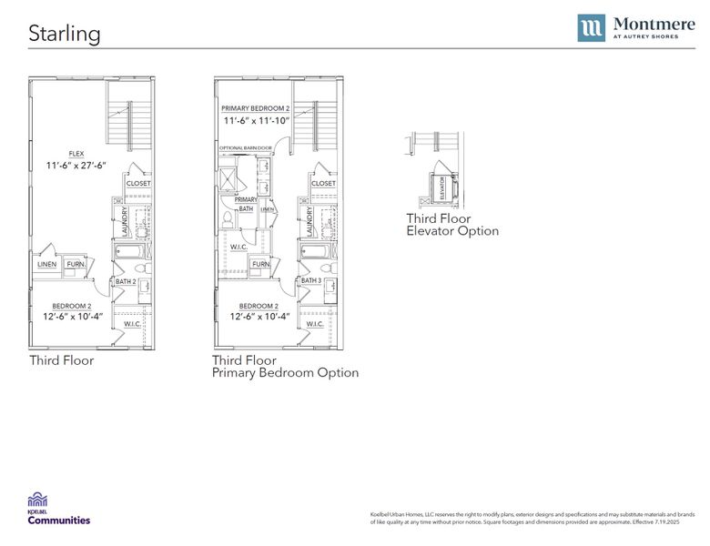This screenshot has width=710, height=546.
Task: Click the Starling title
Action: [x=64, y=34]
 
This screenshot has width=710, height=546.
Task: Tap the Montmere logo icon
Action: [x=591, y=28]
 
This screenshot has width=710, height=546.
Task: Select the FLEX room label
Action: [x=76, y=154]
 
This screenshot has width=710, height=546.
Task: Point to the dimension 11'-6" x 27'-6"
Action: [x=76, y=166]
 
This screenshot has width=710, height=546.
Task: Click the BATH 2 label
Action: [x=126, y=281]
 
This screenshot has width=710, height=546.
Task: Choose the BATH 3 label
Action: [x=311, y=280]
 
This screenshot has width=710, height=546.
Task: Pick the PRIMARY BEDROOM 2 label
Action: [x=255, y=108]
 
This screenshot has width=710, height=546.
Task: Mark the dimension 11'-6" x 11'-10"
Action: [x=255, y=120]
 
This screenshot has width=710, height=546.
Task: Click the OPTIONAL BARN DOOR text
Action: [x=246, y=147]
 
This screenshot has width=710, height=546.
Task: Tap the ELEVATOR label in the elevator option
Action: [x=443, y=187]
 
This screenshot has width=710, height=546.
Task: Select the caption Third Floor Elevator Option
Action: [x=452, y=225]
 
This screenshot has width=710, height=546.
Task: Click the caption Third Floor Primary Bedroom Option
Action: [x=285, y=367]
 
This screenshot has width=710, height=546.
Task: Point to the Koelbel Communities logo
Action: [x=58, y=508]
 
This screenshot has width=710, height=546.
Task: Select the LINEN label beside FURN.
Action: [x=47, y=265]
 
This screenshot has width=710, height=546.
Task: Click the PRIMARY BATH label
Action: [x=246, y=204]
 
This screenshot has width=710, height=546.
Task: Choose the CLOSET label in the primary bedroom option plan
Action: [x=323, y=183]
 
